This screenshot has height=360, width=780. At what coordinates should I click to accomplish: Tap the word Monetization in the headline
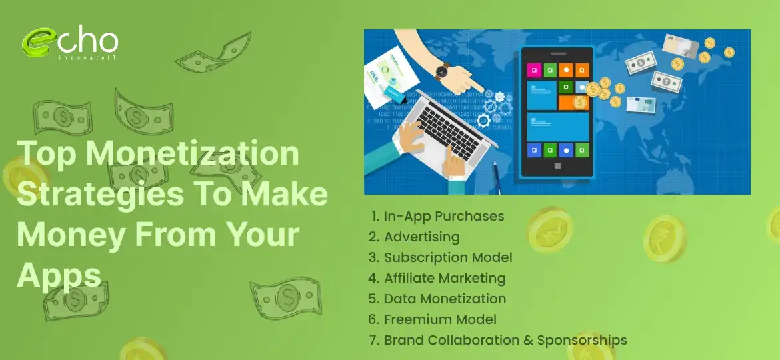[x=193, y=155]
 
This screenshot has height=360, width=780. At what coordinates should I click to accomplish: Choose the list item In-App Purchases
[x=444, y=216]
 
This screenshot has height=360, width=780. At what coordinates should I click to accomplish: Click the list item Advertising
[x=421, y=237]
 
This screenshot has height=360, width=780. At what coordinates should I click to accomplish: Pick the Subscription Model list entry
[x=448, y=257]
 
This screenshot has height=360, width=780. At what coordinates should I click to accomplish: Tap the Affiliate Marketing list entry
[x=445, y=278]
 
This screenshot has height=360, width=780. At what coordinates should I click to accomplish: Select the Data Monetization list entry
[x=445, y=299]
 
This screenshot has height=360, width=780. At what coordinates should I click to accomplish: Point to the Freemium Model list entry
[x=440, y=319]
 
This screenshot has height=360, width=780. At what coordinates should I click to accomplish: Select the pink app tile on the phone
[x=533, y=69]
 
